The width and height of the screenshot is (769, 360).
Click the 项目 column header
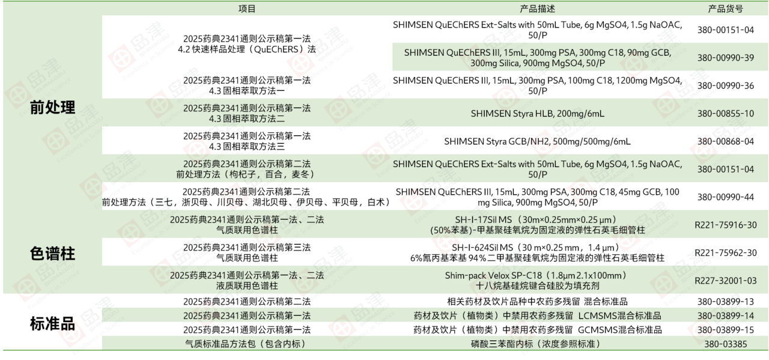247,8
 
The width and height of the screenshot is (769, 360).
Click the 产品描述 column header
537,8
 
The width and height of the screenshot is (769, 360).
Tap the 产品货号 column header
725,8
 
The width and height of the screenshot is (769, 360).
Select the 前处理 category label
52,108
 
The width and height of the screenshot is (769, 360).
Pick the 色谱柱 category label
52,254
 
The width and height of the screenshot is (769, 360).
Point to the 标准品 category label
52,323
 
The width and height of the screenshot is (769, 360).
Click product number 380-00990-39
725,58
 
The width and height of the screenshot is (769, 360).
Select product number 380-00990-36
725,85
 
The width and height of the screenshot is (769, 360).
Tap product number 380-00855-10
725,114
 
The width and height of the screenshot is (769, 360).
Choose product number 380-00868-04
725,141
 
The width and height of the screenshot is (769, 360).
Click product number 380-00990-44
725,197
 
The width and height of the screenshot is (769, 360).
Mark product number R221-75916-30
725,225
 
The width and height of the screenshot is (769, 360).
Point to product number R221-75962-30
725,253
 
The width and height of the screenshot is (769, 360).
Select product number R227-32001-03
725,281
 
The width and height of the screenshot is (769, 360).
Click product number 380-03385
725,344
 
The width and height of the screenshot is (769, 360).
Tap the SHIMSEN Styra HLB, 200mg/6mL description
537,114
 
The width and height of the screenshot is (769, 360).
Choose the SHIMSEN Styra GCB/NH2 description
537,141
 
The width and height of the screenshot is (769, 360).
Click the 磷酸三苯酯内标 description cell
537,344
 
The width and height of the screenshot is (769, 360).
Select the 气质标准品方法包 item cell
247,344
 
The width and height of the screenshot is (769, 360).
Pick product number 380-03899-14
725,316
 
